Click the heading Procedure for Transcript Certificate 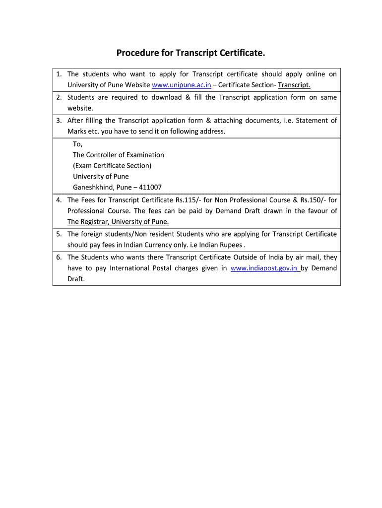[191, 53]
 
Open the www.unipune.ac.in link [182, 85]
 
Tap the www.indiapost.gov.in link [264, 268]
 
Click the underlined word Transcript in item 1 [294, 85]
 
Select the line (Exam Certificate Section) [112, 166]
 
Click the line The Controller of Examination [119, 155]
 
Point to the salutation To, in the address [78, 144]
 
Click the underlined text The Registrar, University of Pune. [118, 222]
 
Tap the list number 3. [59, 120]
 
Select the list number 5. [59, 234]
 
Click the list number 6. [59, 257]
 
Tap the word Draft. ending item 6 [76, 279]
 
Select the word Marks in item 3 [77, 131]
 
